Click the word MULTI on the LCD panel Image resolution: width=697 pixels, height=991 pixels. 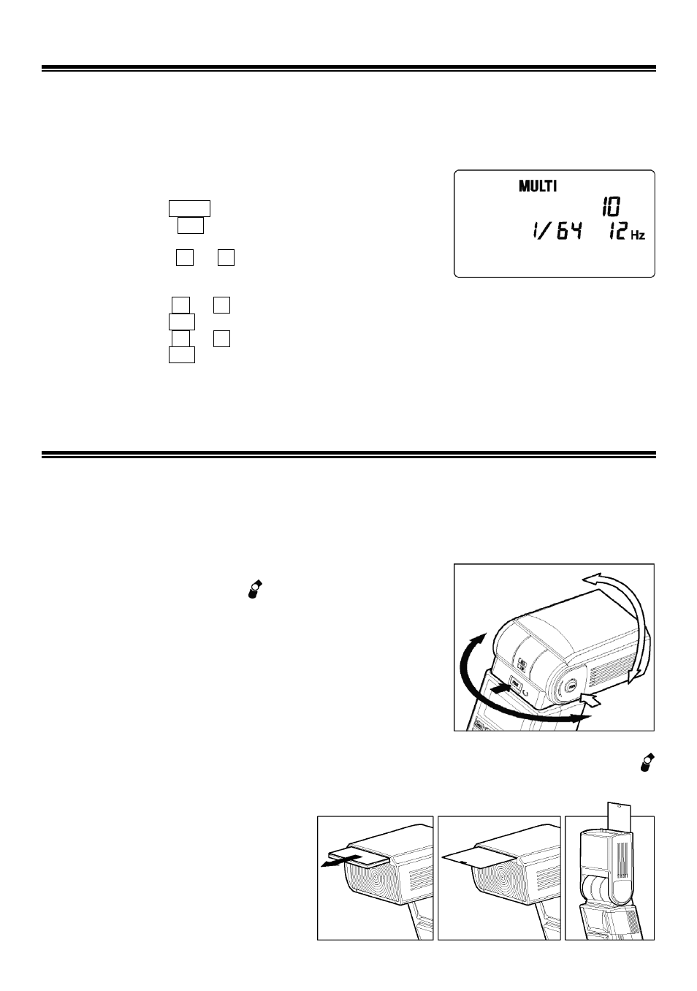(537, 186)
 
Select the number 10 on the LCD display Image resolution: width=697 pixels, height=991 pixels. (612, 207)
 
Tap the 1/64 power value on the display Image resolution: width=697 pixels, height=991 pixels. (557, 231)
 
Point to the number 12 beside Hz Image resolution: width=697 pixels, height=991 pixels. (617, 231)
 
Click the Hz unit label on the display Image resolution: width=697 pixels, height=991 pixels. (638, 235)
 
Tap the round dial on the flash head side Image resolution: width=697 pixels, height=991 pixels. (571, 687)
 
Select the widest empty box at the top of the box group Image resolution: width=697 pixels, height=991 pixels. (189, 208)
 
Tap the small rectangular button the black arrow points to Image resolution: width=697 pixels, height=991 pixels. (516, 683)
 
